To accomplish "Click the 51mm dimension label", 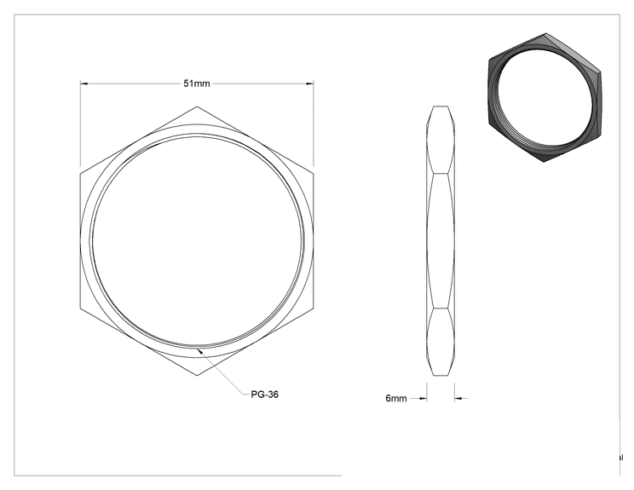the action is tap(197, 84).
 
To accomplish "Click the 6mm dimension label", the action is tap(396, 398).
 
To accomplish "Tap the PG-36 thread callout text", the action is tap(264, 395).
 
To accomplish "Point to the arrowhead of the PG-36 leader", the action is tap(199, 349).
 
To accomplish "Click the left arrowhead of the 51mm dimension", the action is tap(84, 84).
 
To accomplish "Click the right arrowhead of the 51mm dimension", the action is tap(309, 84).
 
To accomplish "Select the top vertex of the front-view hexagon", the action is tap(197, 107).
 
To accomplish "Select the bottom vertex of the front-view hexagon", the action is tap(197, 376).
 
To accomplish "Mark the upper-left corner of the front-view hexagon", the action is tap(80, 174).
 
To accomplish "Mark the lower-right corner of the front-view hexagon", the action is tap(314, 308).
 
